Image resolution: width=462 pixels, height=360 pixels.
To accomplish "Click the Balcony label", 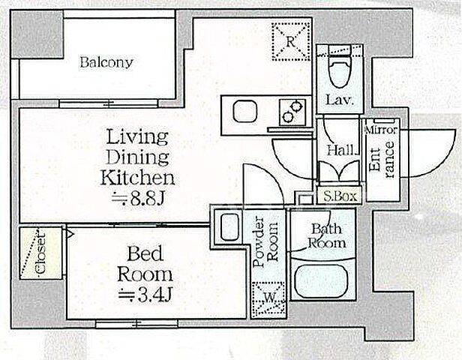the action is click(x=106, y=62).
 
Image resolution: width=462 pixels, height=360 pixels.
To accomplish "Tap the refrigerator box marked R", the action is click(x=291, y=42).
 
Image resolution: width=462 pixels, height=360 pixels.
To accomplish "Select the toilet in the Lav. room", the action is click(x=340, y=71).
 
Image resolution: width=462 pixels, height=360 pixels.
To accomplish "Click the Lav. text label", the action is click(x=340, y=100).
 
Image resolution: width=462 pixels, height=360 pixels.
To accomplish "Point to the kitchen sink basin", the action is click(x=245, y=111).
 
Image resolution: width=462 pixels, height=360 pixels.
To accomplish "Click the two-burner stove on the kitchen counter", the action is click(x=292, y=112).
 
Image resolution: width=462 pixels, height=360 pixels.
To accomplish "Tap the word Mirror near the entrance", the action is click(x=381, y=130).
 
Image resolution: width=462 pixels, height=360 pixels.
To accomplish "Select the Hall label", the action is click(x=343, y=151).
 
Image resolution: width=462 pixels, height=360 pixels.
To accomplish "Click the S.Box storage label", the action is click(x=340, y=196).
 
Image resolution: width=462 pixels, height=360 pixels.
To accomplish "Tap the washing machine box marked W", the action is click(x=268, y=299).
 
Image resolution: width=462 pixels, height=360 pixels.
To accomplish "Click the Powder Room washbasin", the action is click(x=229, y=226).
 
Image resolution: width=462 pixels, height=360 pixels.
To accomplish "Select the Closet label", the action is click(x=40, y=253).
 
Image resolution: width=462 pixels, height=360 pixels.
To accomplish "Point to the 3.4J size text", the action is click(x=145, y=294).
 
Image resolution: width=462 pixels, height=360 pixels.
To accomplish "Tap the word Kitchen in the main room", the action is click(x=137, y=178).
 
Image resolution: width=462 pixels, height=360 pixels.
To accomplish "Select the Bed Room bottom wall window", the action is click(x=136, y=324).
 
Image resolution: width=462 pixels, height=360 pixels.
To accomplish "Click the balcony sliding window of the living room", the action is click(x=109, y=103).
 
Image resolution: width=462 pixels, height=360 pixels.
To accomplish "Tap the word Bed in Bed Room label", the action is click(x=145, y=253).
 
